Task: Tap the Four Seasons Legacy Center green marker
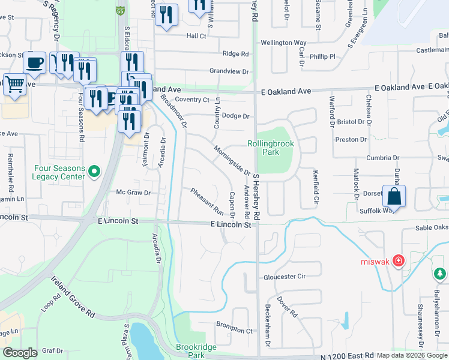point(94,172)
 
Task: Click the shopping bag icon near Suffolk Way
point(394,196)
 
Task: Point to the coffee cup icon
point(34,62)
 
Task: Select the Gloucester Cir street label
point(285,277)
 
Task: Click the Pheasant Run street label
point(206,202)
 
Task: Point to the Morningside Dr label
point(232,160)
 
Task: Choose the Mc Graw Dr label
point(133,193)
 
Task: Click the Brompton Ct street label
point(235,330)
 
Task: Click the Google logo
point(20,353)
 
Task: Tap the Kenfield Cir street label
point(315,187)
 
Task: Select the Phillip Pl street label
point(322,56)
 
